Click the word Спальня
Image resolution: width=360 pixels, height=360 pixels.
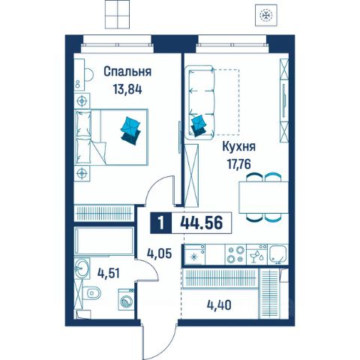pos(127,72)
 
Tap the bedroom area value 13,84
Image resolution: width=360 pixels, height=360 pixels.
pos(127,89)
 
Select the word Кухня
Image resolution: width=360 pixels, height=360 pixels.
pos(239,147)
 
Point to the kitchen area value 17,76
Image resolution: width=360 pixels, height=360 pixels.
pos(238,164)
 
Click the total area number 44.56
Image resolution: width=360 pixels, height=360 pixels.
pos(202,223)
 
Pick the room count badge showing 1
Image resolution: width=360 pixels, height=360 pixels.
pos(161,223)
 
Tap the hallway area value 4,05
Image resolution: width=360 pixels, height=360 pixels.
pos(160,254)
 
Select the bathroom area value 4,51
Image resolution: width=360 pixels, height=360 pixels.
pos(109,274)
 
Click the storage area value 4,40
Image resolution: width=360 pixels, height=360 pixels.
pos(219,305)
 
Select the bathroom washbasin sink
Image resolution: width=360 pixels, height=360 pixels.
pos(82,268)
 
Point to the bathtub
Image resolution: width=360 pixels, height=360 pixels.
pos(103,241)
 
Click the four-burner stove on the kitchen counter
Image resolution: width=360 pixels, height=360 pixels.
pos(235,254)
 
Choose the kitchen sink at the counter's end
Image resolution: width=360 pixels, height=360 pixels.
pos(277,254)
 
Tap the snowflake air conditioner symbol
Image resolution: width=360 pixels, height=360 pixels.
pos(265,15)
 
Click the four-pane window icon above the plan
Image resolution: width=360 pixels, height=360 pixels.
pos(117,14)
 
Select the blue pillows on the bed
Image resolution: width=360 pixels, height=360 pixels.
pos(130,130)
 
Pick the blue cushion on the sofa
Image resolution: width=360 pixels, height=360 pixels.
pos(199,125)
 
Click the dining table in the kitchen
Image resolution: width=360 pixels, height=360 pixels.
pos(263,197)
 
